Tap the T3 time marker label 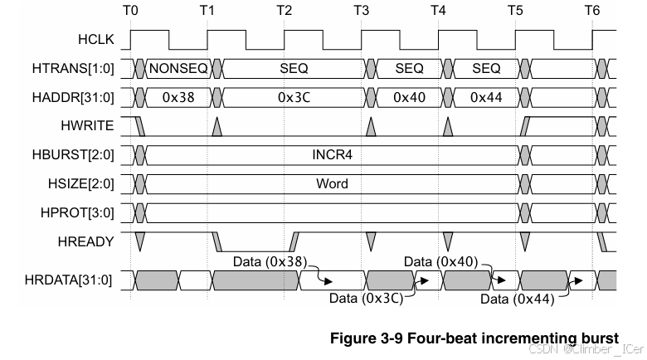click(361, 10)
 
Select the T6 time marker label click(591, 10)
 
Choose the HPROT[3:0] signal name click(78, 212)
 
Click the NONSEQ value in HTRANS click(179, 68)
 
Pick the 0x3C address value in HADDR click(294, 97)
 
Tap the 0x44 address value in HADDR click(486, 97)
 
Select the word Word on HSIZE click(332, 183)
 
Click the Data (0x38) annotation click(269, 261)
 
